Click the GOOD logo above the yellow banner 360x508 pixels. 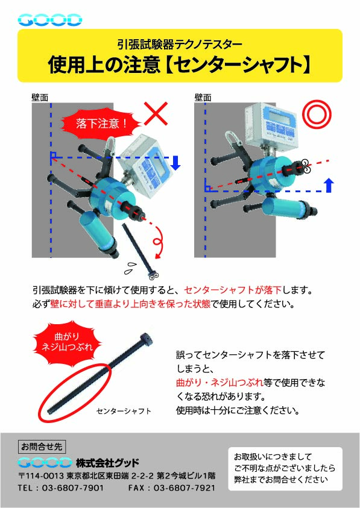coord(49,20)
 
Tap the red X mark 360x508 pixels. coord(156,114)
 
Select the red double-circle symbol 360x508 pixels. coord(317,114)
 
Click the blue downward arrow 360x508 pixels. coord(175,163)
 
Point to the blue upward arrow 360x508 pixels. coord(329,185)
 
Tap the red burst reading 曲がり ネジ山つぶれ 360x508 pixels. coord(67,342)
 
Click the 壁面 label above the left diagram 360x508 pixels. coord(40,97)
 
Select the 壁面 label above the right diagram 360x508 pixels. coord(203,97)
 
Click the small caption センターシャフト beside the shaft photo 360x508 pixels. coord(124,411)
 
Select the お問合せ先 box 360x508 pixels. coord(42,447)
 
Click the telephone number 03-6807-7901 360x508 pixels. coord(73,488)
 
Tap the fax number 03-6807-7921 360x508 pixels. coord(184,488)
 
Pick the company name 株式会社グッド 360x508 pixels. coord(107,463)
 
